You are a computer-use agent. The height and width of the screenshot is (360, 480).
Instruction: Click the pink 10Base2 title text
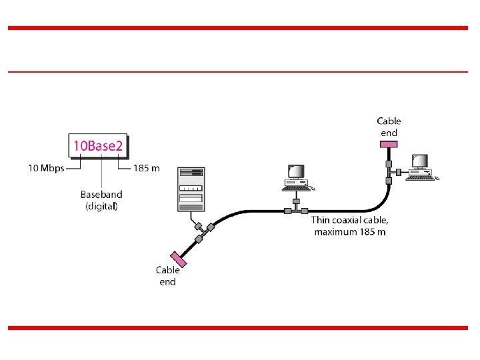point(98,145)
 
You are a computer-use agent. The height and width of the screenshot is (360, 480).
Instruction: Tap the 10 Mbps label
point(46,168)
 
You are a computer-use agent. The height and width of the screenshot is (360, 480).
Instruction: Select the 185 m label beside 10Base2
point(147,168)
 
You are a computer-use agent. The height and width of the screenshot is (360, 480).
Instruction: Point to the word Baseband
point(101,194)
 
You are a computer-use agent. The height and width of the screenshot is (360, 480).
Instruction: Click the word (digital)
point(101,206)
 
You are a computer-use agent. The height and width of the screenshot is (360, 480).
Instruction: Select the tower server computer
point(190,189)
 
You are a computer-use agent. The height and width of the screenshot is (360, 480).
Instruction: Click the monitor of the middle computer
point(295,171)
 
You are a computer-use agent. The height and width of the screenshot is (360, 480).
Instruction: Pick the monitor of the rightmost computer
point(419,161)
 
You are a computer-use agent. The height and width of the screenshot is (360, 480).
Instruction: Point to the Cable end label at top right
point(389,127)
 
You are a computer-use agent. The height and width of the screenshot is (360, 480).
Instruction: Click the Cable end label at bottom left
point(167,275)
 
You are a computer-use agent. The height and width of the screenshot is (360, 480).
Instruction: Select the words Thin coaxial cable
point(349,219)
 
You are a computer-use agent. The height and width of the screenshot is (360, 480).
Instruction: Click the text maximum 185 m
point(349,231)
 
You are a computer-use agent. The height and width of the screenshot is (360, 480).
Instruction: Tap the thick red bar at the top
point(240,28)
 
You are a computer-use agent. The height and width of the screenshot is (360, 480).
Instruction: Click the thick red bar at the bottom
point(240,327)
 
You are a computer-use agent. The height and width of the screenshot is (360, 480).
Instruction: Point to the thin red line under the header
point(240,71)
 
